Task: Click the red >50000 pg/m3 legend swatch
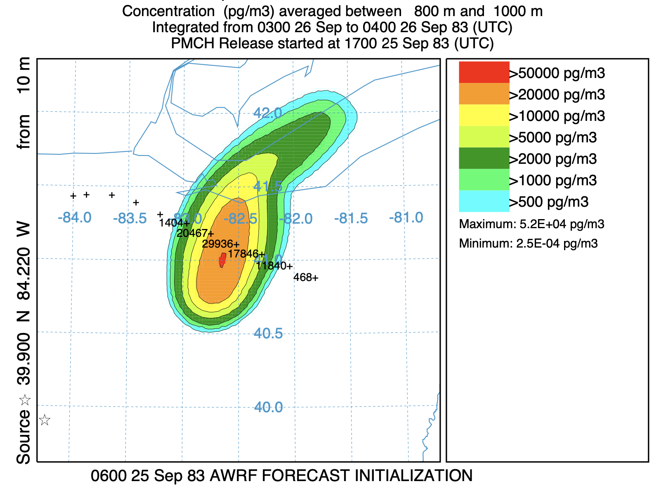(484, 72)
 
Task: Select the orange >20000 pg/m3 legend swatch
(484, 94)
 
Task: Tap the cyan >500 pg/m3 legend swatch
(484, 201)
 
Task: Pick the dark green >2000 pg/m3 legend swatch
(484, 158)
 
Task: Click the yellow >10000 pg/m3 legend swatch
(484, 115)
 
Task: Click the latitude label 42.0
(268, 113)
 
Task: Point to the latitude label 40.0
(269, 407)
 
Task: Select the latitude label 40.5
(269, 333)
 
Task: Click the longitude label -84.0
(75, 217)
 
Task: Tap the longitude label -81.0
(406, 217)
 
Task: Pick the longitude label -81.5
(351, 218)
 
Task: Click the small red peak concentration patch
(222, 260)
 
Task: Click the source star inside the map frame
(45, 420)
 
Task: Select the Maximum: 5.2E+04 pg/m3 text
(531, 224)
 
